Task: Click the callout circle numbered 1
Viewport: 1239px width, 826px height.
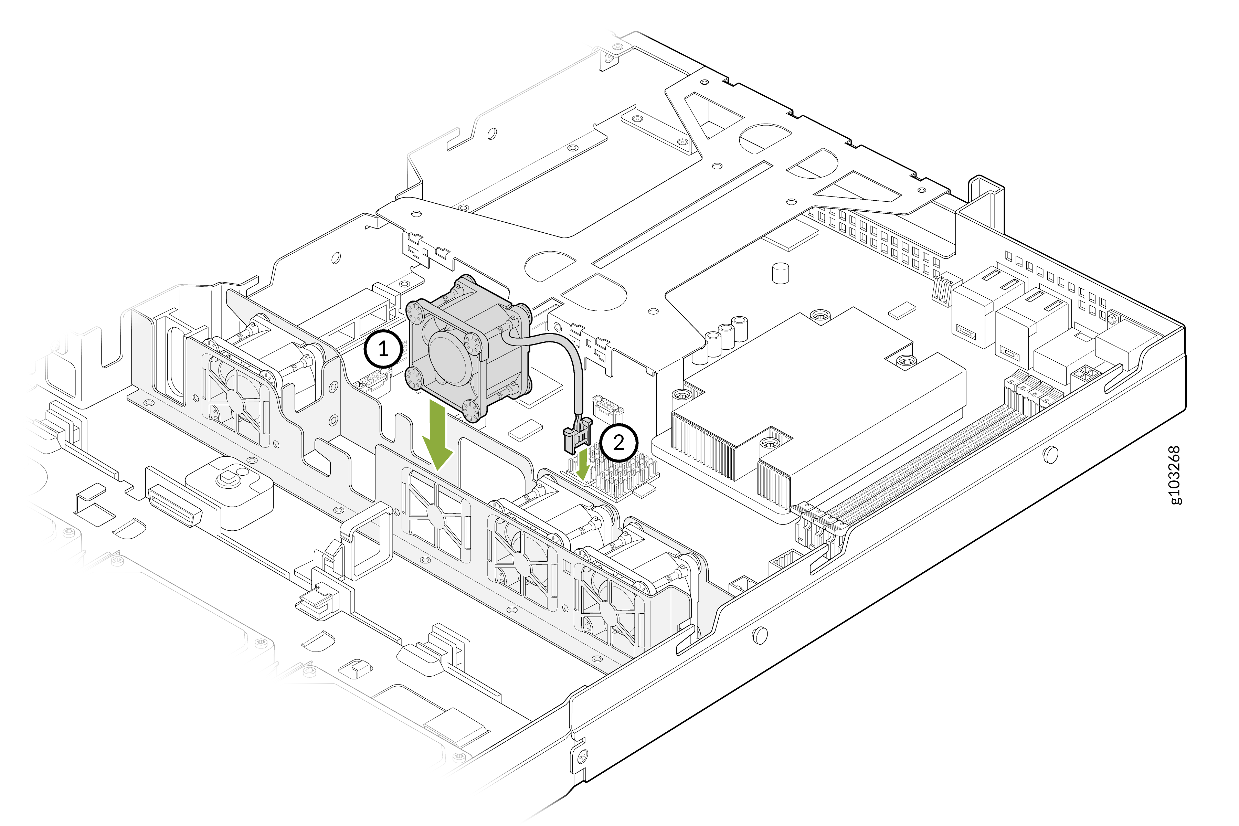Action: click(383, 349)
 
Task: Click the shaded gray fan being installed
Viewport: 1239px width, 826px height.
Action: click(469, 348)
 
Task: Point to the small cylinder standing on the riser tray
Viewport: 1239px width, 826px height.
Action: click(780, 273)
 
